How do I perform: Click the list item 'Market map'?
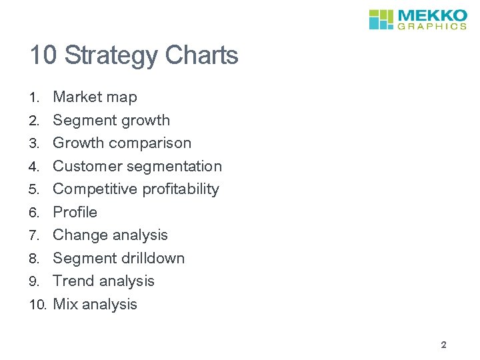coord(95,97)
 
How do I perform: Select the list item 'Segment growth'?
coord(111,121)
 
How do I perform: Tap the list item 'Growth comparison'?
coord(122,143)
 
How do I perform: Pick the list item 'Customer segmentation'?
coord(137,167)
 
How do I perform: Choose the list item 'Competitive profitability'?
coord(136,189)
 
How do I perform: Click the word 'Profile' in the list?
coord(75,213)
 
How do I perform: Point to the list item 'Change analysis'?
coord(110,235)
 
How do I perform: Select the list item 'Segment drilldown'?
coord(119,259)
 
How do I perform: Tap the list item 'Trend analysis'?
coord(103,281)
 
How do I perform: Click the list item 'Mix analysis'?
coord(95,305)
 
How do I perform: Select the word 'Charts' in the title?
coord(202,55)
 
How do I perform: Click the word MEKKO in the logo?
coord(432,15)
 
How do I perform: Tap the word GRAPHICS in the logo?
coord(432,27)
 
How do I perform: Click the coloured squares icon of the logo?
coord(382,19)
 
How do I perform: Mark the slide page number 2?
coord(443,345)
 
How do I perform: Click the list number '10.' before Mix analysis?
coord(38,305)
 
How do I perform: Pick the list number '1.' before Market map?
coord(35,98)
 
